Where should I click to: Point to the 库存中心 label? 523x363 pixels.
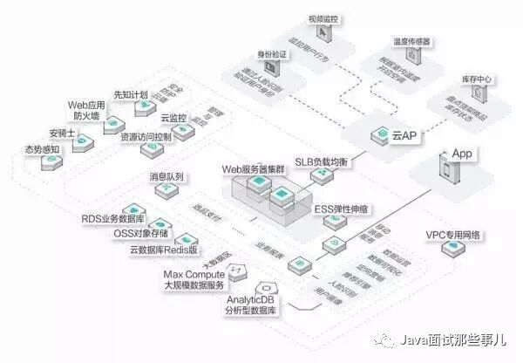(x=475, y=79)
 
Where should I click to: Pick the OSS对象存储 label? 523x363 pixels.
(x=144, y=234)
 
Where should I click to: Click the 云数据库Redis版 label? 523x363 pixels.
(x=164, y=250)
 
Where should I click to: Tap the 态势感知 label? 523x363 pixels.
(x=42, y=148)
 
